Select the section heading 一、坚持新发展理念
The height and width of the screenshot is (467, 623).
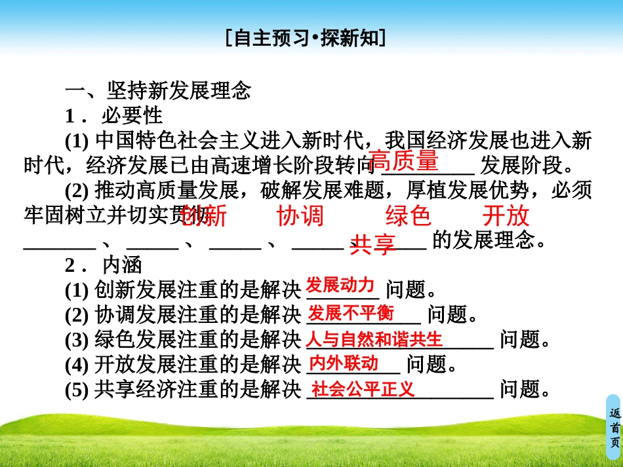(157, 90)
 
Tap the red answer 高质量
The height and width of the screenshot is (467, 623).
(403, 160)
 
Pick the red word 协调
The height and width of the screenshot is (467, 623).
(300, 215)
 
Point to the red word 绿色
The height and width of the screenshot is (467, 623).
(408, 215)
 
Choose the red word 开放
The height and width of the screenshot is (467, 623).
(506, 215)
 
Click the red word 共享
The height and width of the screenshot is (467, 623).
(373, 244)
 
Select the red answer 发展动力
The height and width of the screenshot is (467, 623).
(340, 286)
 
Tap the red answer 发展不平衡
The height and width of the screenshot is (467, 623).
(352, 313)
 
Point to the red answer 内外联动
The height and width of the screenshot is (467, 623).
(344, 363)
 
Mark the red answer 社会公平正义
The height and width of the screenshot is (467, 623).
(363, 389)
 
